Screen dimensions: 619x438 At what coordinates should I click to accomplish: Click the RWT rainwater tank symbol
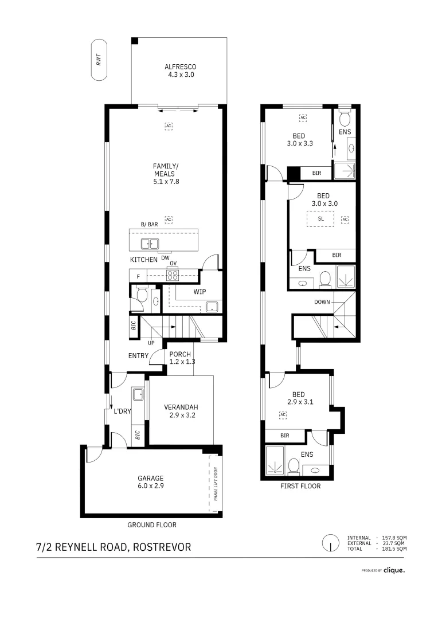[99, 60]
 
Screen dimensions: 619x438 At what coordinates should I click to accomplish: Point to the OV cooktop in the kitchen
[172, 274]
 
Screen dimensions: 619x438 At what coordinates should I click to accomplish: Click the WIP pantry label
[200, 292]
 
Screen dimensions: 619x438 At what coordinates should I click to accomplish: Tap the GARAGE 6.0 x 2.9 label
[150, 482]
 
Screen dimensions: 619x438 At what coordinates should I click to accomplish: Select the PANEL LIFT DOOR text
[216, 484]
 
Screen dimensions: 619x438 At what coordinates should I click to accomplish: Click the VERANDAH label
[179, 412]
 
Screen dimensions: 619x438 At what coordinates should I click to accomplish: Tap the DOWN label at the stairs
[322, 302]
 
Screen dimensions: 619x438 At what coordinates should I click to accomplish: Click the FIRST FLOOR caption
[300, 486]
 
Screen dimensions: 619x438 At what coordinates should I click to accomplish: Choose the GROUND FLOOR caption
[151, 524]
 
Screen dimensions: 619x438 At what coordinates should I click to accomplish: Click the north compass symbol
[330, 542]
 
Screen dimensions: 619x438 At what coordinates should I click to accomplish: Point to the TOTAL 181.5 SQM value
[394, 549]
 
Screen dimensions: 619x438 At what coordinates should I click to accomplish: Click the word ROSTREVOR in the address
[162, 547]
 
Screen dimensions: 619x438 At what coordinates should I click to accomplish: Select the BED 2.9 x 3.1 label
[299, 398]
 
